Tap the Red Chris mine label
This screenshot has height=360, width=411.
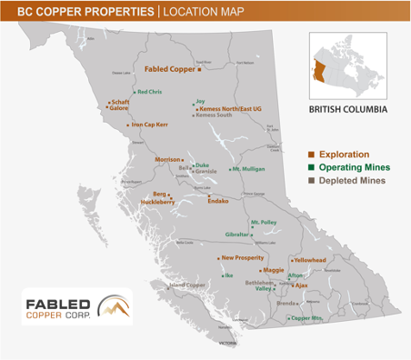coord(150,92)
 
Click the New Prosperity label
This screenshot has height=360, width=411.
coord(243,258)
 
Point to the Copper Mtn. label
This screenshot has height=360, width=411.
coord(306,317)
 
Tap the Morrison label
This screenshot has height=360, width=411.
coord(167,159)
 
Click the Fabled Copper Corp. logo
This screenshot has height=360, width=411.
coord(76,306)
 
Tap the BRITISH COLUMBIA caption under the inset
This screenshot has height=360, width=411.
coord(348,109)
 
